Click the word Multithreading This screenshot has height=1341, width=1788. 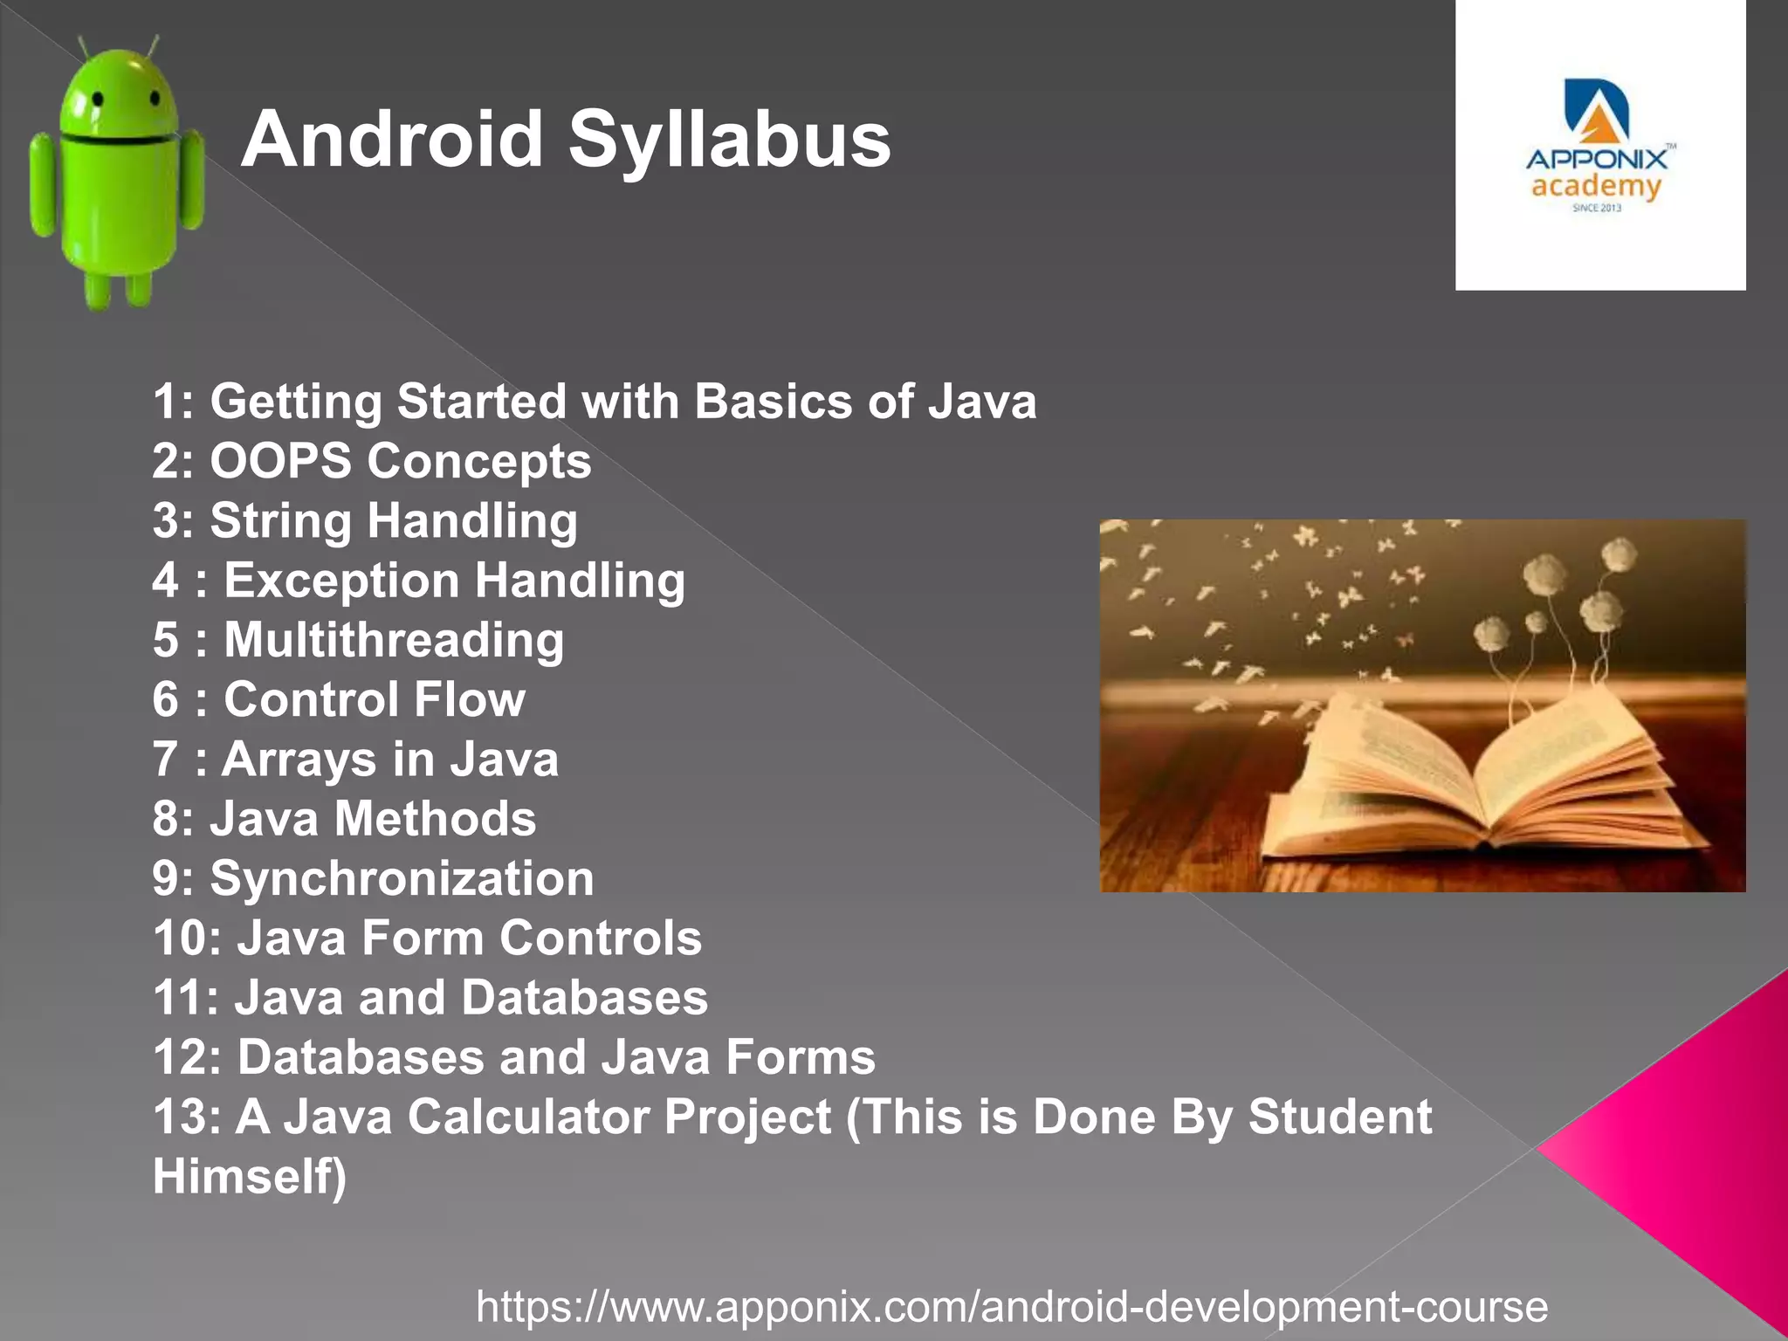[394, 640]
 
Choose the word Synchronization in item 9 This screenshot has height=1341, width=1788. [402, 878]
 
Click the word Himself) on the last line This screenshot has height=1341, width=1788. [250, 1176]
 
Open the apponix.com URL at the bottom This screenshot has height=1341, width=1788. [1012, 1307]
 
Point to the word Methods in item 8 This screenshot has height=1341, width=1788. [436, 819]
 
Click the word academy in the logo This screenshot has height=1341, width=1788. [1596, 186]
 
